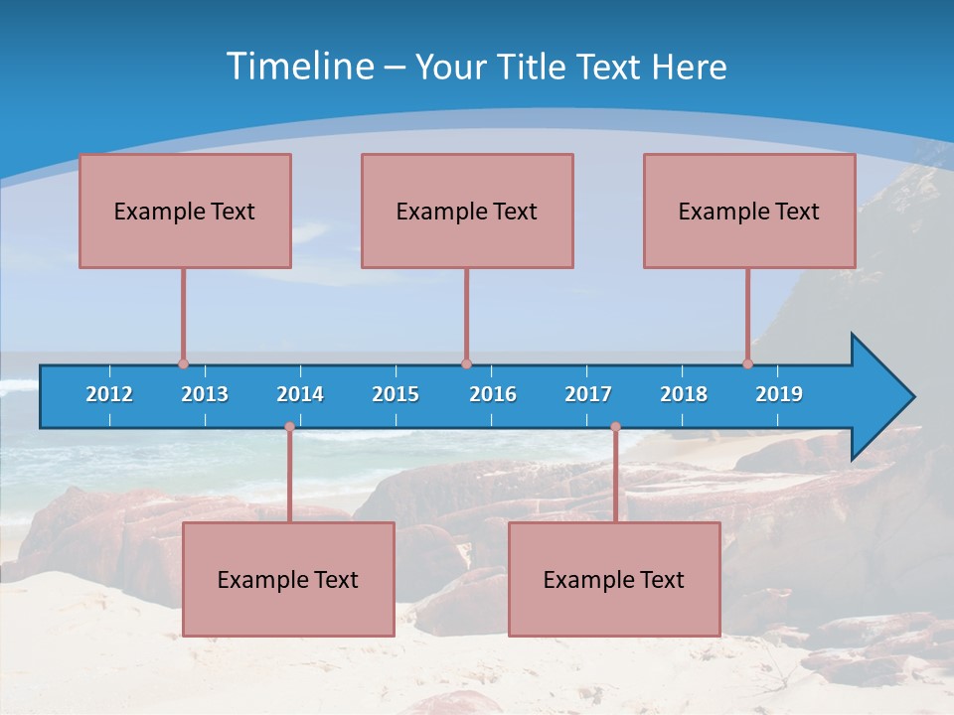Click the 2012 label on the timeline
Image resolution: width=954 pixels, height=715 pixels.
pos(109,394)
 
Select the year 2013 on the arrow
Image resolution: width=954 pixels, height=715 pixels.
pos(205,394)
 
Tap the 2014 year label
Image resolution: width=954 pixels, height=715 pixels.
pos(300,394)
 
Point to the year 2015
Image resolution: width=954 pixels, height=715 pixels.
pos(396,394)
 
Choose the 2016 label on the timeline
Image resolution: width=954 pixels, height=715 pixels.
pos(493,394)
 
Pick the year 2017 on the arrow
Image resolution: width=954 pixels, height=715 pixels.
pos(588,394)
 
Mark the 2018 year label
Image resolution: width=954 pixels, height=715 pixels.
pos(684,394)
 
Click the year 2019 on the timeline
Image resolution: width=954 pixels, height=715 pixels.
pos(779,394)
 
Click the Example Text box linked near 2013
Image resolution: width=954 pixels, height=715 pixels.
pos(185,211)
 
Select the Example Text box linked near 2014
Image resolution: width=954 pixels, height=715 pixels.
pos(288,579)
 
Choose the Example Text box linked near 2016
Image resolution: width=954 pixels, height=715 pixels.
pos(467,211)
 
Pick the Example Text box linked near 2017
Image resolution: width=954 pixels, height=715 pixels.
pos(614,579)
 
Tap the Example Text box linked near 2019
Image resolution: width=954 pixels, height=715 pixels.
pos(749,211)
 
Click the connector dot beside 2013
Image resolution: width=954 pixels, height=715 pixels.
pos(183,363)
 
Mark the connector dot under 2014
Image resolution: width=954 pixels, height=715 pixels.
pos(289,427)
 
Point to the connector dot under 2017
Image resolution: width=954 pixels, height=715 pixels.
pos(615,427)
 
